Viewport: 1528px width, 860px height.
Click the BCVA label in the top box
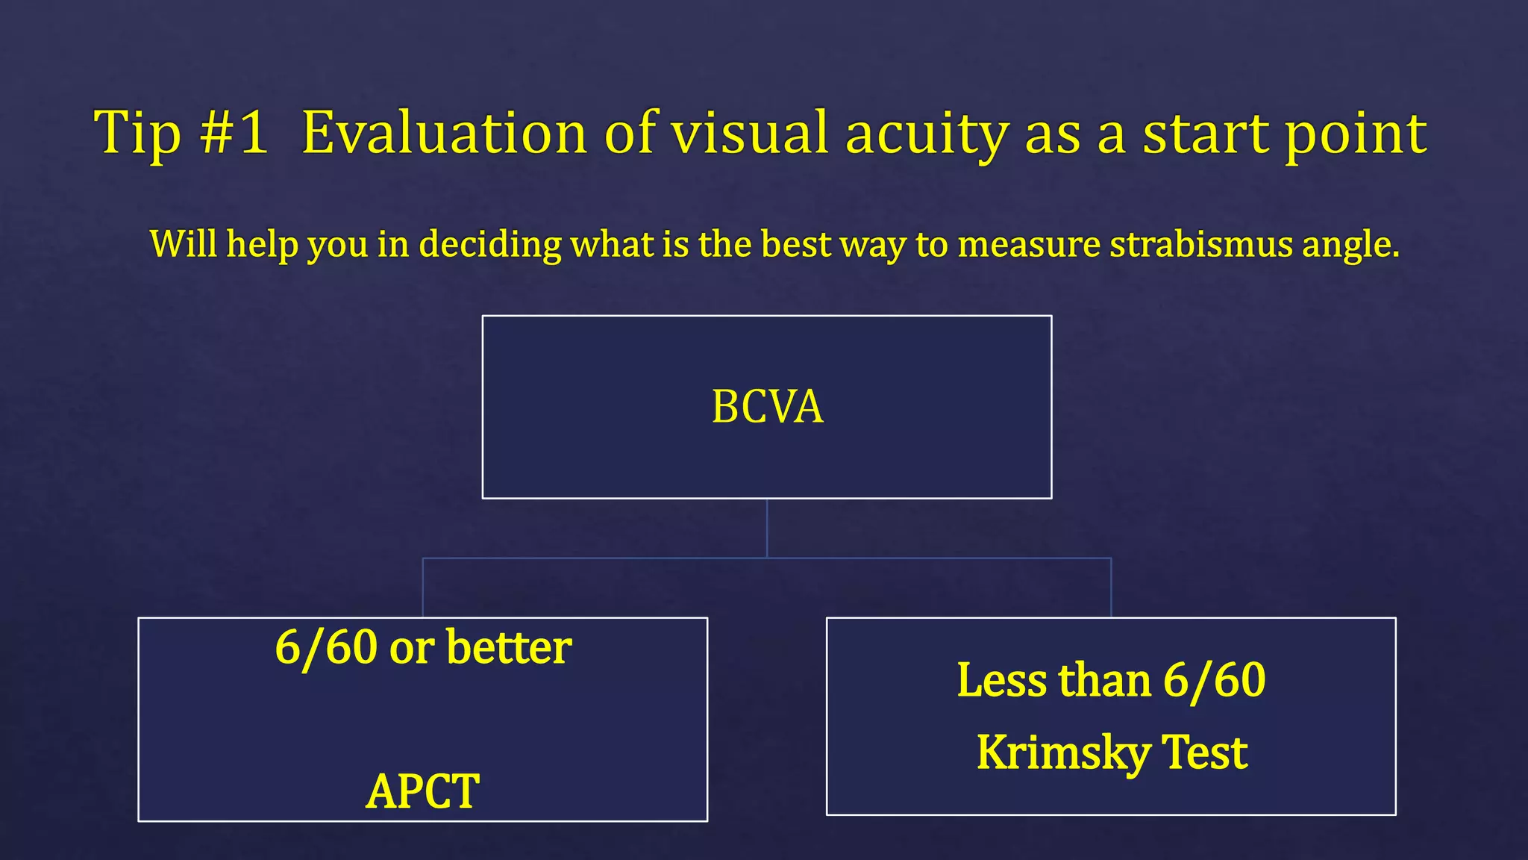(x=767, y=407)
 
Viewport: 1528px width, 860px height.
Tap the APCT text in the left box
(x=422, y=791)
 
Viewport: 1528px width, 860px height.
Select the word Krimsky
(x=1062, y=752)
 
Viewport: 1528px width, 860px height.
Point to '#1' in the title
(x=234, y=133)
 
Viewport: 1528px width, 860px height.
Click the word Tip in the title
(x=137, y=133)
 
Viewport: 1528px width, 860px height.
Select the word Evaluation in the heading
(x=444, y=133)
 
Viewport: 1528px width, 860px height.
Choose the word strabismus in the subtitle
(x=1200, y=244)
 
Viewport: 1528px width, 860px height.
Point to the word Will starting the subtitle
(x=184, y=243)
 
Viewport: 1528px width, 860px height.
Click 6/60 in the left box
(x=326, y=647)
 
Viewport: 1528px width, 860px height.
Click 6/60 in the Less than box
(x=1214, y=681)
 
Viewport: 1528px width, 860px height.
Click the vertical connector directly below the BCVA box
(x=767, y=527)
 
